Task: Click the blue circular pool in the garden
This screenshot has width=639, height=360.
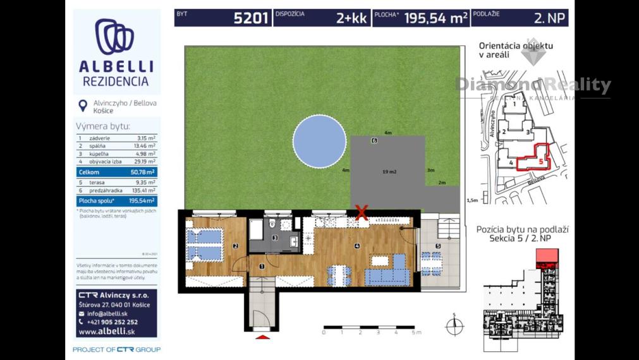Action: [319, 141]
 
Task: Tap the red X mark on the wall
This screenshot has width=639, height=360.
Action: [362, 213]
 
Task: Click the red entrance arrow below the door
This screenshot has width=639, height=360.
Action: [261, 338]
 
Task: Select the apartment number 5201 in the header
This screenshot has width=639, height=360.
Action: [251, 18]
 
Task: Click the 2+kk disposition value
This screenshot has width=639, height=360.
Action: [351, 18]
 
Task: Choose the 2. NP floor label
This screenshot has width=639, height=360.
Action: [549, 18]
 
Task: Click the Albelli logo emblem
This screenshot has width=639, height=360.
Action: [114, 37]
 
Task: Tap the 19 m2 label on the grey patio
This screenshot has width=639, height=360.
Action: [389, 171]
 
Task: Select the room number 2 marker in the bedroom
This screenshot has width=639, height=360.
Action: [235, 246]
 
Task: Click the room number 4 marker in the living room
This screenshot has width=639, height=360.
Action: [357, 246]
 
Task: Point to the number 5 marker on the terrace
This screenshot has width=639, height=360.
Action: [437, 246]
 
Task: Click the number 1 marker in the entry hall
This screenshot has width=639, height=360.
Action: [262, 267]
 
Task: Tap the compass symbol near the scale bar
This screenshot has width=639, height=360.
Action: [454, 326]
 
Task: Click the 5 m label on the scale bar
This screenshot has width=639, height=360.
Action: [415, 332]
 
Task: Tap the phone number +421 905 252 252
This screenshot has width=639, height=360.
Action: [113, 321]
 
